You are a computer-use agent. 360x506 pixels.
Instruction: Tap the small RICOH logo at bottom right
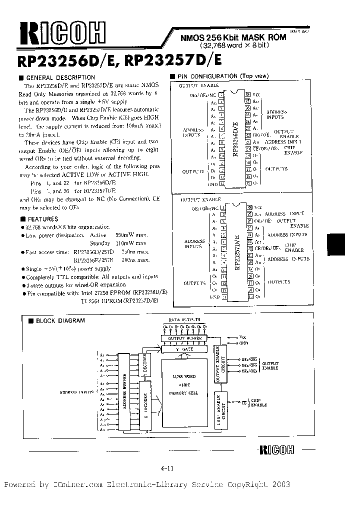click(x=277, y=448)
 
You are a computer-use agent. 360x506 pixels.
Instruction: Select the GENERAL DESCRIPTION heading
click(x=60, y=77)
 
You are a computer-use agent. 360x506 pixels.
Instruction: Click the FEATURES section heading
click(x=42, y=219)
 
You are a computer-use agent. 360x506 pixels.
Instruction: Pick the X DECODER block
click(x=145, y=407)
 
